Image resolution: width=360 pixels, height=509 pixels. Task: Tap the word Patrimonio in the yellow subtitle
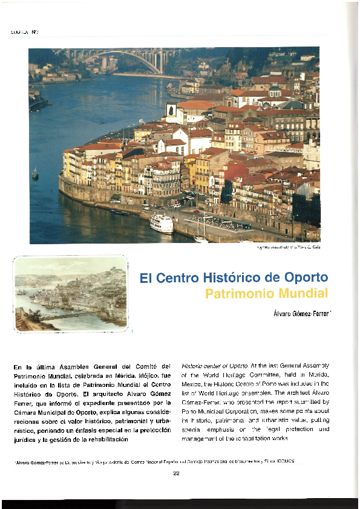tap(240, 294)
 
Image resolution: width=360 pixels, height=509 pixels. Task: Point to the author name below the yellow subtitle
tap(299, 313)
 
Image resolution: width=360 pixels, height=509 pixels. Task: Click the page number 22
tap(176, 473)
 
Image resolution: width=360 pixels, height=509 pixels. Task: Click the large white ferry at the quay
tap(162, 223)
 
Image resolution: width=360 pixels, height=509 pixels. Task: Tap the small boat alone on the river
tap(35, 173)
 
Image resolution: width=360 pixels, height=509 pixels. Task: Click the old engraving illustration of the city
tap(70, 294)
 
